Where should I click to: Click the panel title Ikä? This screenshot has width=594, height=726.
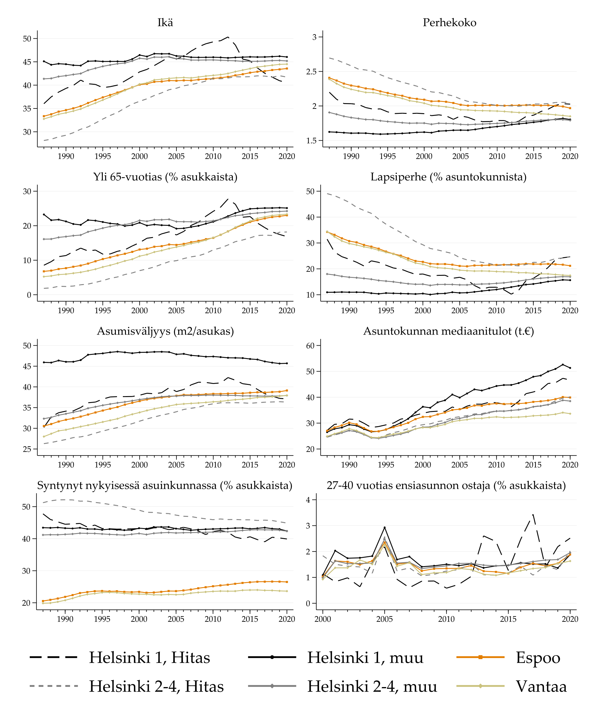[x=165, y=23]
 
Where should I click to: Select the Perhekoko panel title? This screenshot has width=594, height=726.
[x=449, y=23]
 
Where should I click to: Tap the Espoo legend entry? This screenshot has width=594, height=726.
[x=538, y=658]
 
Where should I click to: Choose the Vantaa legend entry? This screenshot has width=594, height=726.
[x=541, y=686]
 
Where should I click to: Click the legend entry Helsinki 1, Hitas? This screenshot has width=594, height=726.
[x=149, y=658]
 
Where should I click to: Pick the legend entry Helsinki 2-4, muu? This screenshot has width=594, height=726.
[x=372, y=686]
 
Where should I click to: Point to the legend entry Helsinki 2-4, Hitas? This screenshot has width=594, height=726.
[x=156, y=686]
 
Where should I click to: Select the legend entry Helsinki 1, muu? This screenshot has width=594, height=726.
[x=365, y=658]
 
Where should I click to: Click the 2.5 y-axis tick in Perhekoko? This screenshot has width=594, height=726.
[x=311, y=72]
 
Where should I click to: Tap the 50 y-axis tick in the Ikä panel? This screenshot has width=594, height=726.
[x=27, y=39]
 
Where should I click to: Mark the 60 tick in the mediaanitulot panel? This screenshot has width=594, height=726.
[x=310, y=346]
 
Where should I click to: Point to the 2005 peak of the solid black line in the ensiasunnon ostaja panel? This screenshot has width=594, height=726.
[x=385, y=527]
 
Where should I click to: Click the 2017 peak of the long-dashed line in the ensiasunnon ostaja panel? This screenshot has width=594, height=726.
[x=533, y=515]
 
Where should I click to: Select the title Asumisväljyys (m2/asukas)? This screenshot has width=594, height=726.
[x=165, y=331]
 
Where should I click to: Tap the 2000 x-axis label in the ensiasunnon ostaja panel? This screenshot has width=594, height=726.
[x=323, y=619]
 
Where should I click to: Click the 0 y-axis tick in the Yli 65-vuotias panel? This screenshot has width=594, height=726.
[x=29, y=295]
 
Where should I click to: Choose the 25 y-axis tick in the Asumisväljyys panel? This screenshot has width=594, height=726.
[x=27, y=449]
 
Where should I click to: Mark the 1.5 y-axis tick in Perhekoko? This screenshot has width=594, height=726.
[x=311, y=141]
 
